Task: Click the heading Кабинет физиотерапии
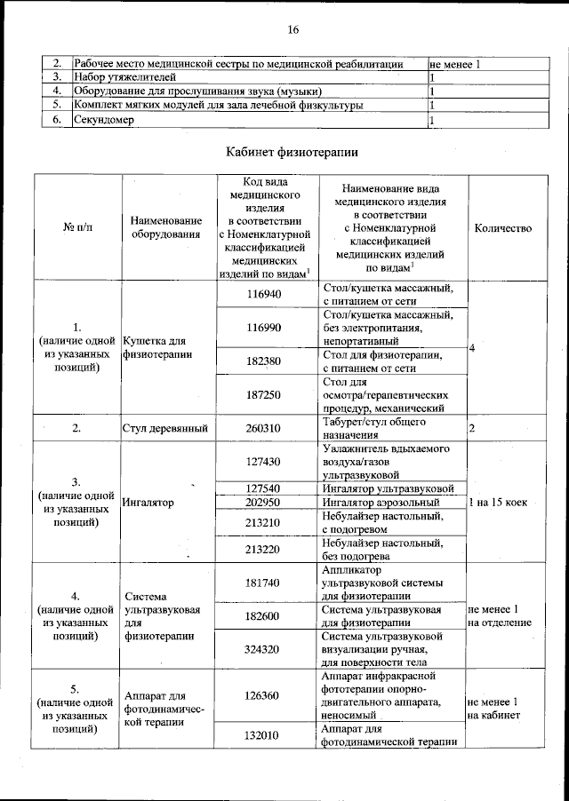[293, 152]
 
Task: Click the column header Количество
[503, 228]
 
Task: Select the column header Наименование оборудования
[165, 228]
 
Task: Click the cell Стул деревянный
[165, 429]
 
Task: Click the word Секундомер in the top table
[104, 121]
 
